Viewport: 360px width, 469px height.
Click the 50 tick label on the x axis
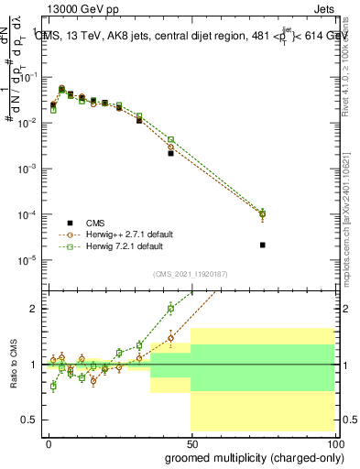point(191,443)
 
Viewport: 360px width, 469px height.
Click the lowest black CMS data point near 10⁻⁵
point(263,245)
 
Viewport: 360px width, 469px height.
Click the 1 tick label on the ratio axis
point(34,365)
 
